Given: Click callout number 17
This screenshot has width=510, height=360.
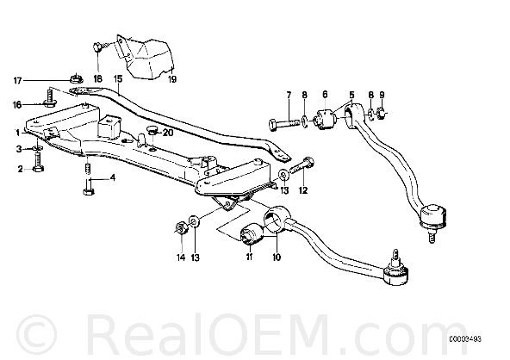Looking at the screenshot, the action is pos(17,80).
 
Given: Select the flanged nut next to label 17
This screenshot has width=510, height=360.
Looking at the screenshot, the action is pos(76,78).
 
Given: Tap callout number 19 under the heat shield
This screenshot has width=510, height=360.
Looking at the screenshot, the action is pos(172,79).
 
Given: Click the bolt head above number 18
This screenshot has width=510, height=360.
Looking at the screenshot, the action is pos(97,47).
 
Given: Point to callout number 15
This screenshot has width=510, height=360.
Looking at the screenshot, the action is pos(118,79).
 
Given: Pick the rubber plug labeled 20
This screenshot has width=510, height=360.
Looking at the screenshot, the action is pos(152,130).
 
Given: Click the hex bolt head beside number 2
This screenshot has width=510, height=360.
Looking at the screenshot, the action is pos(39,169).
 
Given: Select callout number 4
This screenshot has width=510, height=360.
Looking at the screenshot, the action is pos(113,178).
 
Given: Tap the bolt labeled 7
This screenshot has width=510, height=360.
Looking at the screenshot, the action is pos(284,124).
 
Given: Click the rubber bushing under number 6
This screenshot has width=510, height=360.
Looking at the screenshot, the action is pos(325,119).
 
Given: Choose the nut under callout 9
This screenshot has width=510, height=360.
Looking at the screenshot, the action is pos(382,114).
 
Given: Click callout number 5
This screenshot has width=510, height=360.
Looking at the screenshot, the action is pos(351,95).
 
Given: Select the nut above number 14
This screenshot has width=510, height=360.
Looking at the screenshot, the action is pos(181,227).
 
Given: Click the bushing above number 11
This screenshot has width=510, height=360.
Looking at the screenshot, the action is pos(251,233).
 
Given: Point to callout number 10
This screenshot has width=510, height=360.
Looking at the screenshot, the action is pos(277,258).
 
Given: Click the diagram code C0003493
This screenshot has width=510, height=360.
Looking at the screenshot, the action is pos(465,339).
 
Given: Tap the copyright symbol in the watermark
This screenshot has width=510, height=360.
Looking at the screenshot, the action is pos(36,334).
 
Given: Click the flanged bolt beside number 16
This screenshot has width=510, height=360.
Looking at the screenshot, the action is pos(49,99).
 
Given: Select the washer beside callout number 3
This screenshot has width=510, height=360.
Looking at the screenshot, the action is pos(38,148).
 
